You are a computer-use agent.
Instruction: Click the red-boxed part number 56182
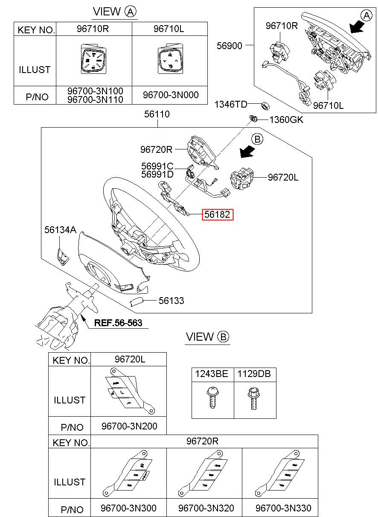[x=218, y=215]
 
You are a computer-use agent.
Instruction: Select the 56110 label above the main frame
[x=157, y=114]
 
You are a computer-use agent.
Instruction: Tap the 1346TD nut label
[x=230, y=104]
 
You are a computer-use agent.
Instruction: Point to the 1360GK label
[x=286, y=120]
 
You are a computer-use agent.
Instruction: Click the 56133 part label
[x=171, y=301]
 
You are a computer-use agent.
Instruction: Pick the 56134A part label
[x=60, y=230]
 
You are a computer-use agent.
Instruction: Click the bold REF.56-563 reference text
[x=118, y=323]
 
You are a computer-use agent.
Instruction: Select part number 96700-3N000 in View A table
[x=170, y=95]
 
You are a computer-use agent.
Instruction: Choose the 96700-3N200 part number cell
[x=129, y=426]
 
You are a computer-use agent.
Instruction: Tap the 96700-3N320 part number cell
[x=206, y=508]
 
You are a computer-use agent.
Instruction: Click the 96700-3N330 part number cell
[x=283, y=508]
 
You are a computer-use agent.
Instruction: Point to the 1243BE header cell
[x=212, y=374]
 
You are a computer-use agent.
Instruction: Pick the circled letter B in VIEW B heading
[x=223, y=337]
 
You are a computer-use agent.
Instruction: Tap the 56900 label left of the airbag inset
[x=229, y=46]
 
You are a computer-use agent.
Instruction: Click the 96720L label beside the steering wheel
[x=283, y=177]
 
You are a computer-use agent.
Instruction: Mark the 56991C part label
[x=157, y=166]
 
